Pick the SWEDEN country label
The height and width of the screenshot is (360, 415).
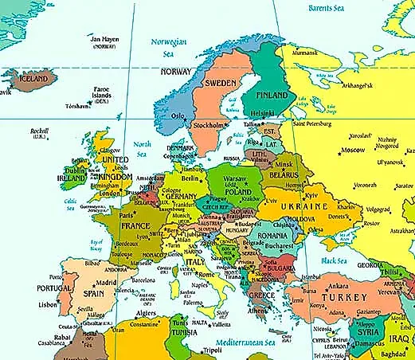click(x=223, y=84)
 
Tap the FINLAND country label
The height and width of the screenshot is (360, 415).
click(x=271, y=93)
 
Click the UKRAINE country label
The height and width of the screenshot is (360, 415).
click(x=303, y=207)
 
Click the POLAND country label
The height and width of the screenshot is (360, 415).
click(x=239, y=192)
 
